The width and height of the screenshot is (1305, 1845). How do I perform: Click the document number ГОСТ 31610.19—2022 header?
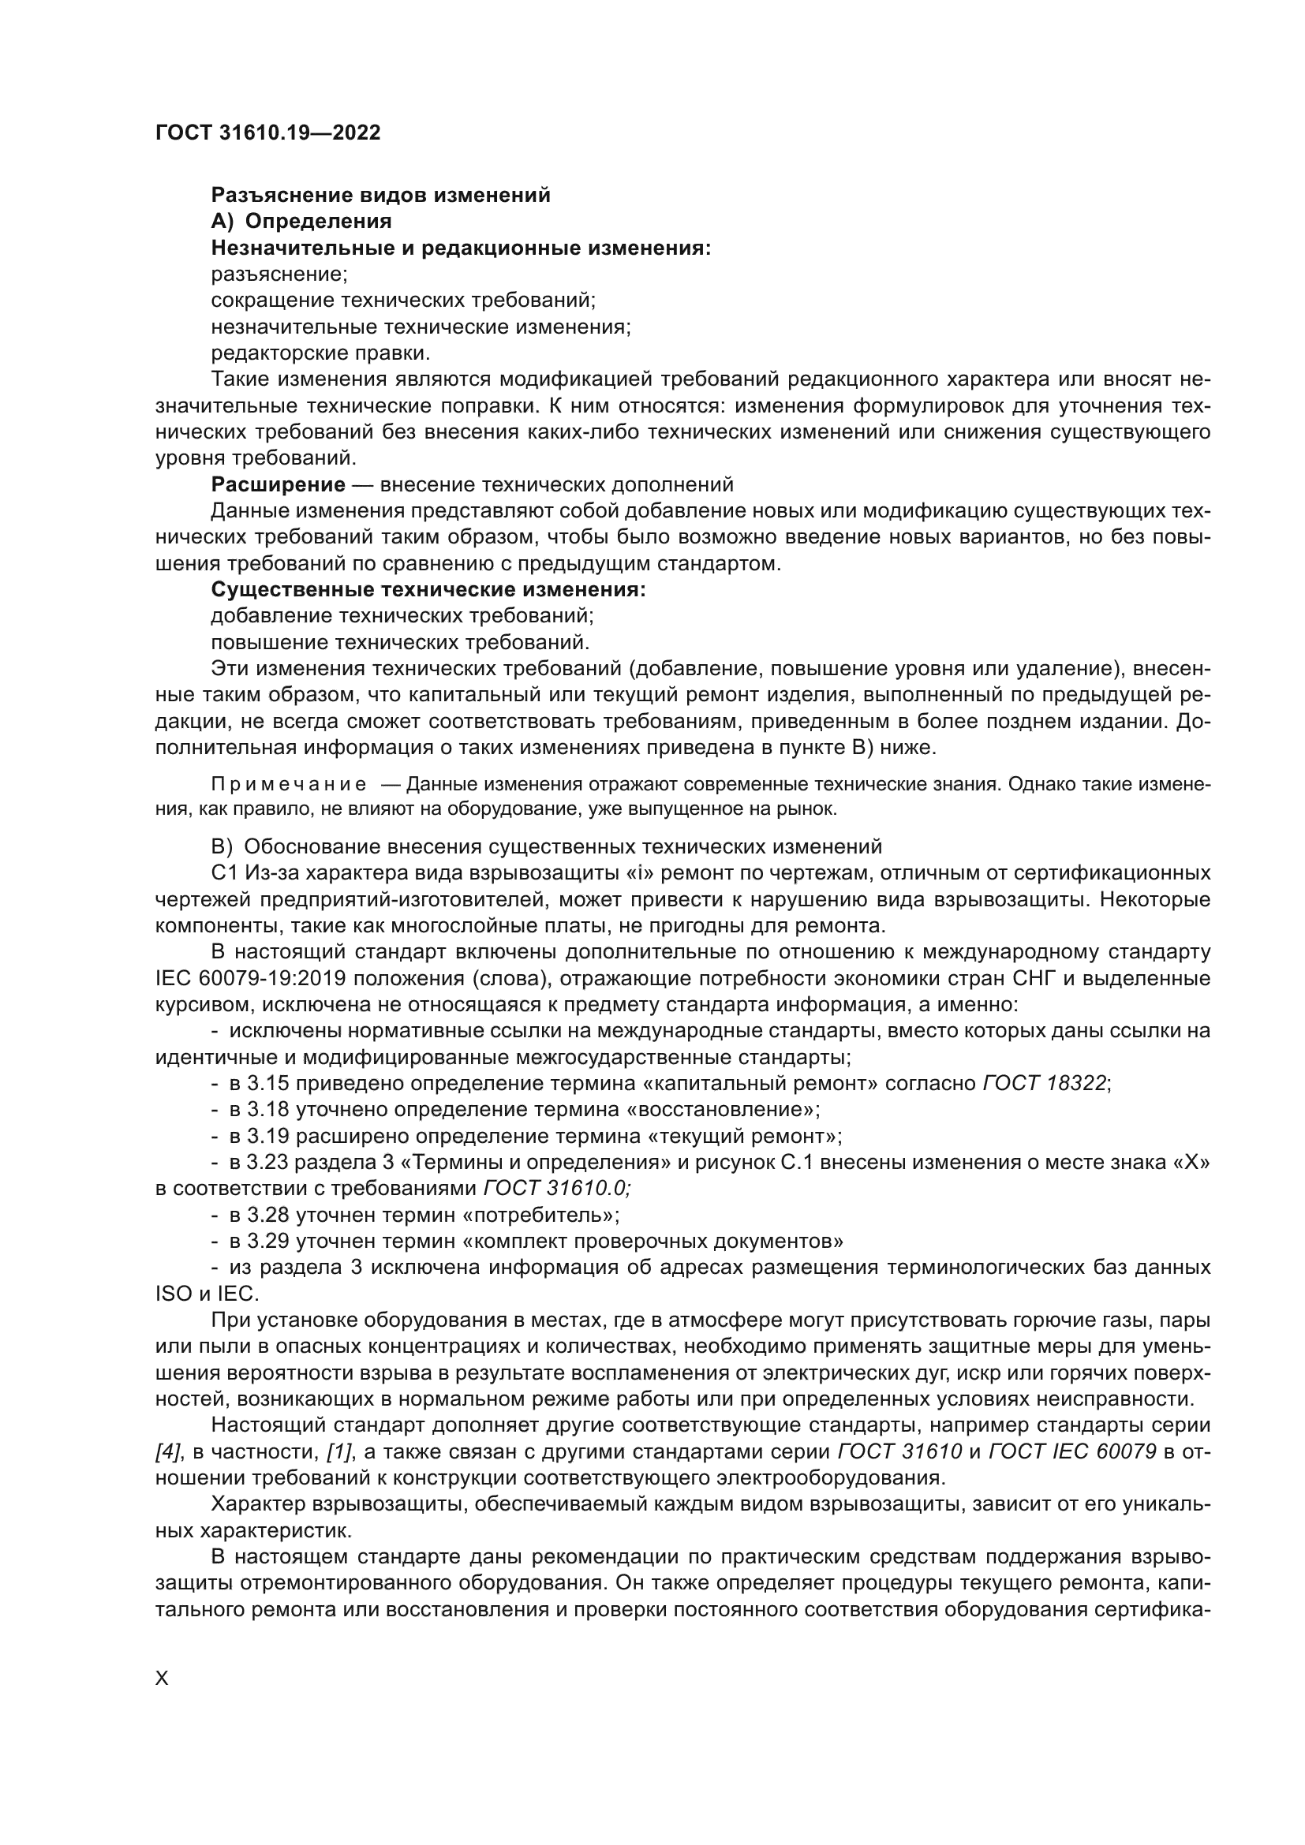pos(267,133)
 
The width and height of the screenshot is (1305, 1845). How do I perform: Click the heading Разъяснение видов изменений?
pos(380,196)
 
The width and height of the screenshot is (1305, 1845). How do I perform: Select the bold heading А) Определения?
pos(301,221)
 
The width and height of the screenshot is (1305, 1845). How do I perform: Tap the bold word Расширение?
pos(278,484)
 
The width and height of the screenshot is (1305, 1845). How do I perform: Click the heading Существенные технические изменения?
pos(428,590)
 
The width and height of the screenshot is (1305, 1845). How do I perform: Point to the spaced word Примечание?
pos(290,784)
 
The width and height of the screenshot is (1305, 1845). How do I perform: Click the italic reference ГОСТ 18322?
pos(1045,1083)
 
